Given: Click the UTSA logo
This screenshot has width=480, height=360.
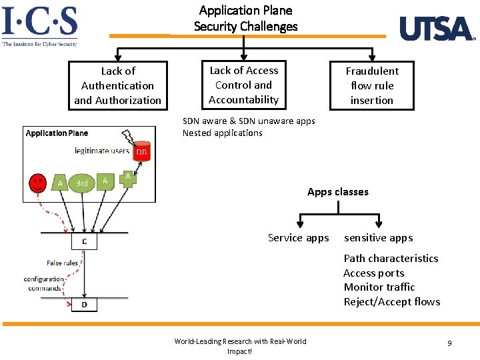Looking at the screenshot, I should [x=437, y=29].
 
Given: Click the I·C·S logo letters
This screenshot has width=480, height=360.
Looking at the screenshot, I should [x=40, y=21].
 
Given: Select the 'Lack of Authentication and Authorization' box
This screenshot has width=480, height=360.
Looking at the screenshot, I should [x=117, y=85].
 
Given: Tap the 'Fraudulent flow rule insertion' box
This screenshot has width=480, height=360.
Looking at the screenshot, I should [x=372, y=85].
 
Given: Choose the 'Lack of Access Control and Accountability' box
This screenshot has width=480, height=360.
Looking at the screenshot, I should [x=243, y=85].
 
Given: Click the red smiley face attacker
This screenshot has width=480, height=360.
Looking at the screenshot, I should [x=38, y=183].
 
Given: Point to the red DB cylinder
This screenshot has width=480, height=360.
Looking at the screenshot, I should [x=141, y=151].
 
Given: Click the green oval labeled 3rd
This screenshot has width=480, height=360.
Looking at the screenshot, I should [x=82, y=183].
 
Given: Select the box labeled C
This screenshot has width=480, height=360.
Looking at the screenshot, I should [x=84, y=241].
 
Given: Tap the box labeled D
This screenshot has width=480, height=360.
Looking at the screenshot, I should [x=84, y=305].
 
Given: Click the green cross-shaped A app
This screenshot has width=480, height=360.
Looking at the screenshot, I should [x=127, y=178].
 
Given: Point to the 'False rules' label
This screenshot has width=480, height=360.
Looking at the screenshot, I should [x=62, y=263].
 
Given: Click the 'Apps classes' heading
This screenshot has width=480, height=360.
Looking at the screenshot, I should [x=337, y=192].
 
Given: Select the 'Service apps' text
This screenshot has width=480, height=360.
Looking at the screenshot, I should [x=298, y=238].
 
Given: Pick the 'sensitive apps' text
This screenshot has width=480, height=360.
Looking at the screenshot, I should [x=378, y=238].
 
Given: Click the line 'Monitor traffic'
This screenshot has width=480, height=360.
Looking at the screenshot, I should [x=379, y=287].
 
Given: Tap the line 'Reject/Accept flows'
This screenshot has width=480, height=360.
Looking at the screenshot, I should [x=391, y=302].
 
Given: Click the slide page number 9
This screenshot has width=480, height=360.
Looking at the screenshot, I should [x=449, y=343].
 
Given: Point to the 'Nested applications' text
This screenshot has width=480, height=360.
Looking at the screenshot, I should [x=223, y=133].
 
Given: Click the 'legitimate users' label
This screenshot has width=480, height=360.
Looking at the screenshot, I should [x=101, y=151].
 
